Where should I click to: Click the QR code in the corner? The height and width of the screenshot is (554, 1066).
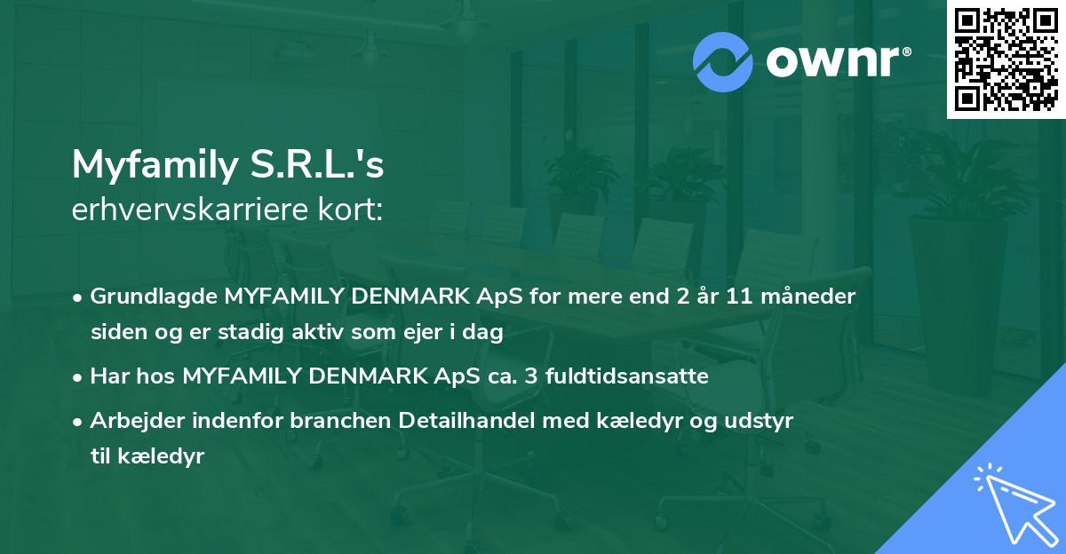1006,59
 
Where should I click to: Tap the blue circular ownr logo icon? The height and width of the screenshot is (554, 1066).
723,61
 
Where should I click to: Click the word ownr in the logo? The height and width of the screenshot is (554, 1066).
837,61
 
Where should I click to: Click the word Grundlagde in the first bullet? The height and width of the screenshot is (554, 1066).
146,297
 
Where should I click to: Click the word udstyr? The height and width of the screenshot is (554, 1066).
767,421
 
